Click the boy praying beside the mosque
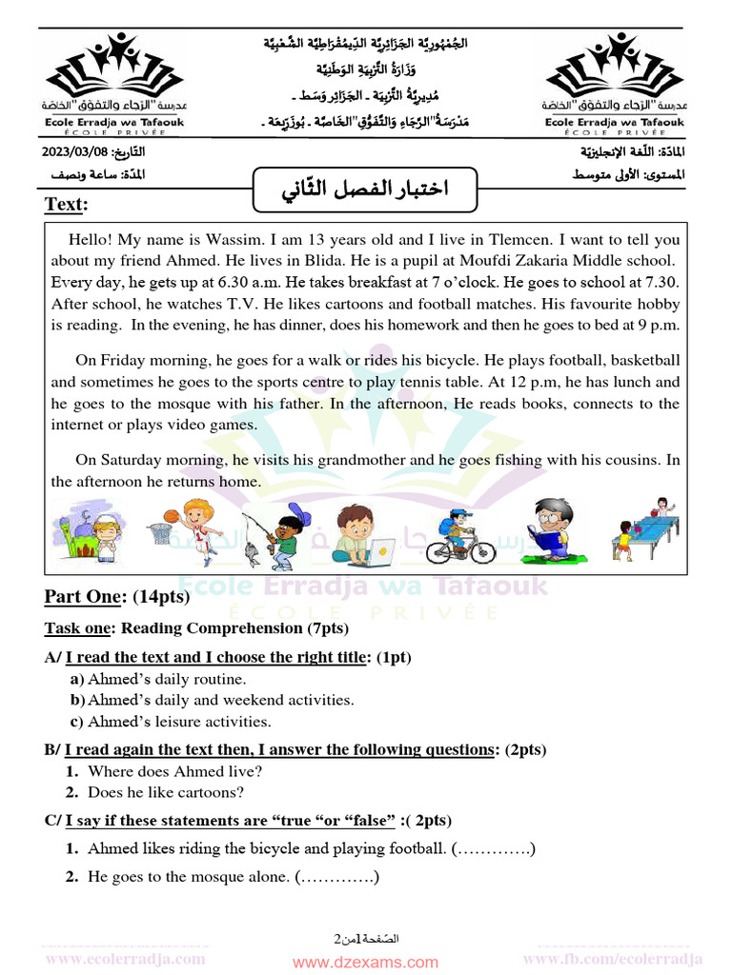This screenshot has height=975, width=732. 105,535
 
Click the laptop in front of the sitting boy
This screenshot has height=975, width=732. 378,550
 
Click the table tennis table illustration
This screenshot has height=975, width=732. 658,526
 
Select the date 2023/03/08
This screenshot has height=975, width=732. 75,153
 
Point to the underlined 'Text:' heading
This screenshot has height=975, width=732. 66,206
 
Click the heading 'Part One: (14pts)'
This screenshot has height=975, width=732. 116,597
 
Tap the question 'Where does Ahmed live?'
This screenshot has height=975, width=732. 174,771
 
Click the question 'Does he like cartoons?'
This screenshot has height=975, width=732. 165,792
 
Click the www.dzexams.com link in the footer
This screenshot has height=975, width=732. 365,963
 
